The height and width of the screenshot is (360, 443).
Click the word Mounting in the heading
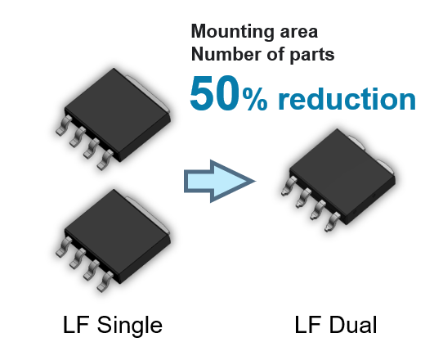(232, 32)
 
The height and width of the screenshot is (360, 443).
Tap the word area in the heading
(299, 32)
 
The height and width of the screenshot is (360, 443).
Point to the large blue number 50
(214, 93)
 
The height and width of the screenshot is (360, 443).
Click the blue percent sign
(255, 99)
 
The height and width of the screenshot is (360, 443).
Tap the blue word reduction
(347, 98)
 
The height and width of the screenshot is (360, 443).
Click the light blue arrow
(220, 182)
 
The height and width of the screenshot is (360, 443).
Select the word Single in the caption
(130, 326)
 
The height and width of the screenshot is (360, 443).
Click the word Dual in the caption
(353, 325)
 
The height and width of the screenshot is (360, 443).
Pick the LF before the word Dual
(308, 325)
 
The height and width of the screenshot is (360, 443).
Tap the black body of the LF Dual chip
(342, 176)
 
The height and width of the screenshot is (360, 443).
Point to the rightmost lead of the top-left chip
(105, 160)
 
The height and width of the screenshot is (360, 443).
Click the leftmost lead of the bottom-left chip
(64, 246)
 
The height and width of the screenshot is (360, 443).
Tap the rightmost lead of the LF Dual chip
(332, 222)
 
